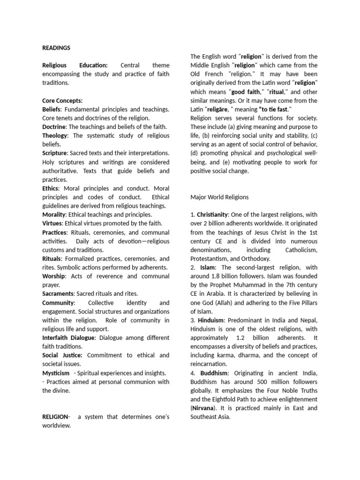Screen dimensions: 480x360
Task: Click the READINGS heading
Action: click(x=56, y=47)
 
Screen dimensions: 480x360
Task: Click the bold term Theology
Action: click(x=55, y=135)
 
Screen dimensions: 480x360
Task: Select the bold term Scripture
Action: click(x=55, y=153)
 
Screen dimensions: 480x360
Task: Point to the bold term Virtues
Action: click(x=52, y=224)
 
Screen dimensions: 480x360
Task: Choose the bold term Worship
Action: click(x=54, y=276)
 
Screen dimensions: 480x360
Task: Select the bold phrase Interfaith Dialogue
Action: click(x=68, y=337)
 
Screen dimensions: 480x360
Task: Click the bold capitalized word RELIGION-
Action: click(x=56, y=417)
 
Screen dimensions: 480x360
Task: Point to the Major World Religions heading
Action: click(x=219, y=197)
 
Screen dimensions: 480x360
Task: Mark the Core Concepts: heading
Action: click(x=62, y=100)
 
